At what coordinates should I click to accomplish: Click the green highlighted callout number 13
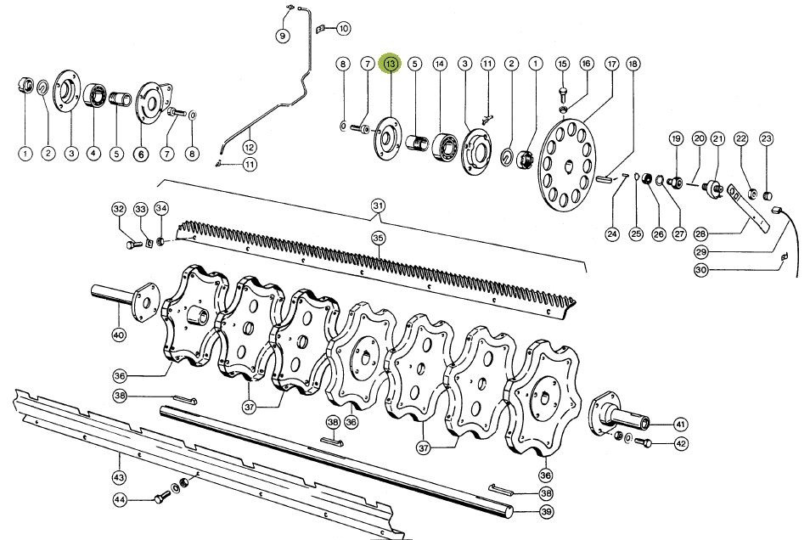click(390, 64)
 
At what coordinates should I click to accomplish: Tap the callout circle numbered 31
click(378, 205)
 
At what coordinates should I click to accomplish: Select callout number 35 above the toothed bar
click(378, 239)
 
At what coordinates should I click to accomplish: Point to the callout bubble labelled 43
click(120, 476)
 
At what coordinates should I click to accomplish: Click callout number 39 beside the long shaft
click(546, 512)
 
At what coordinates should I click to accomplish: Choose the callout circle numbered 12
click(250, 147)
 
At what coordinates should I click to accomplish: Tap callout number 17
click(611, 64)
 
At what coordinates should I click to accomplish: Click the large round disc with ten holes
click(568, 165)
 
